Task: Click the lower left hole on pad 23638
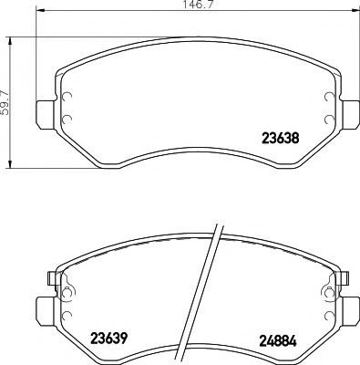pyautogui.click(x=65, y=120)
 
